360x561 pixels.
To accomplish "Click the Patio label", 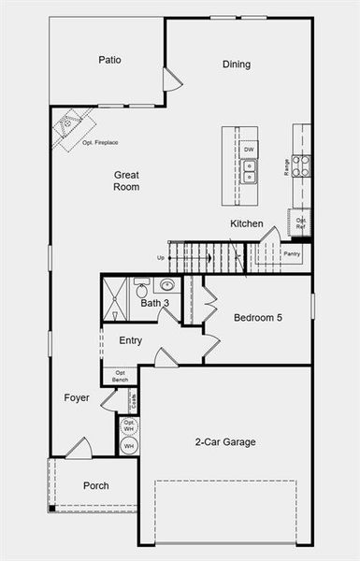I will click(x=110, y=61).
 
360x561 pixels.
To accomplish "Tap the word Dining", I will click(x=237, y=65).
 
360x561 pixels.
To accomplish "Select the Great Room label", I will click(x=127, y=180).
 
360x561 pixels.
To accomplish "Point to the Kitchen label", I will click(x=247, y=224).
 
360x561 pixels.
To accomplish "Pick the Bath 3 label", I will click(x=154, y=303).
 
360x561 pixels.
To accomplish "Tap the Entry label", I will click(x=131, y=340).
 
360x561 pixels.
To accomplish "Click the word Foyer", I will click(x=77, y=398).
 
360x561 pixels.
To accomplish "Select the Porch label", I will click(x=95, y=486).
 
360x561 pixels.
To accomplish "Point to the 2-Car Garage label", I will click(x=225, y=442).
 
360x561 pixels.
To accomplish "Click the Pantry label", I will click(x=293, y=253).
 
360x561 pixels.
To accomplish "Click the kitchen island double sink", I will click(x=250, y=171).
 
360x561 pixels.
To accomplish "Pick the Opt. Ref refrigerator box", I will click(x=301, y=223).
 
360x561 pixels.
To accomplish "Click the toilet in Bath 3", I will click(x=141, y=285).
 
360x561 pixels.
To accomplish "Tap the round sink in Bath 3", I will click(x=169, y=285).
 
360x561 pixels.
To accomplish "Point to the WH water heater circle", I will click(x=129, y=446).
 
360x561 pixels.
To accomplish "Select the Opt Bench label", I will click(x=121, y=376).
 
